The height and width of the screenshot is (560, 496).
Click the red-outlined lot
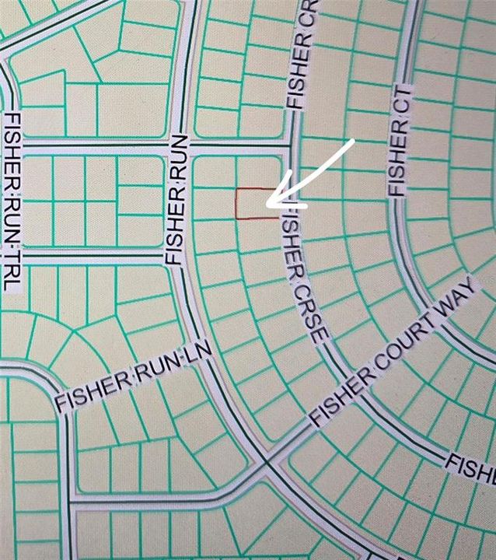[x=256, y=203]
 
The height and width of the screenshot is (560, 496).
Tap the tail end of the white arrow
[x=355, y=142]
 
